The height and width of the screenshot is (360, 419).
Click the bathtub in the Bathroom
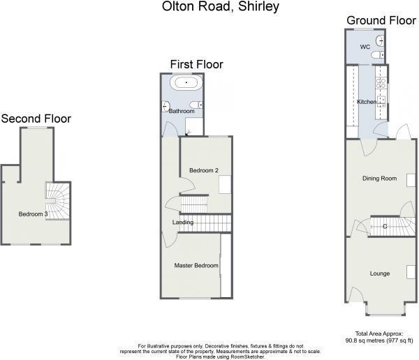click(186, 84)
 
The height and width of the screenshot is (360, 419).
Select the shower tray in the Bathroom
click(195, 126)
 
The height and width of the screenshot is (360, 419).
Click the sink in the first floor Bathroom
click(165, 107)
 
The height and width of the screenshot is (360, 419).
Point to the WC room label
click(365, 47)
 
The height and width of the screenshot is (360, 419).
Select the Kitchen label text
click(367, 102)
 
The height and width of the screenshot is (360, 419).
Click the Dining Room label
click(379, 179)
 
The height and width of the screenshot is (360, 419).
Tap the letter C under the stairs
click(384, 226)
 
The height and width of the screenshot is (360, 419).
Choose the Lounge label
click(380, 273)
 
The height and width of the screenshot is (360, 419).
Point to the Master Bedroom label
click(196, 265)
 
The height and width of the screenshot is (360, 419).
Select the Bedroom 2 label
click(204, 170)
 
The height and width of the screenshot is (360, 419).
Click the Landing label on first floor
click(183, 223)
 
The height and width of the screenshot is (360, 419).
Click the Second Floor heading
click(36, 119)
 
